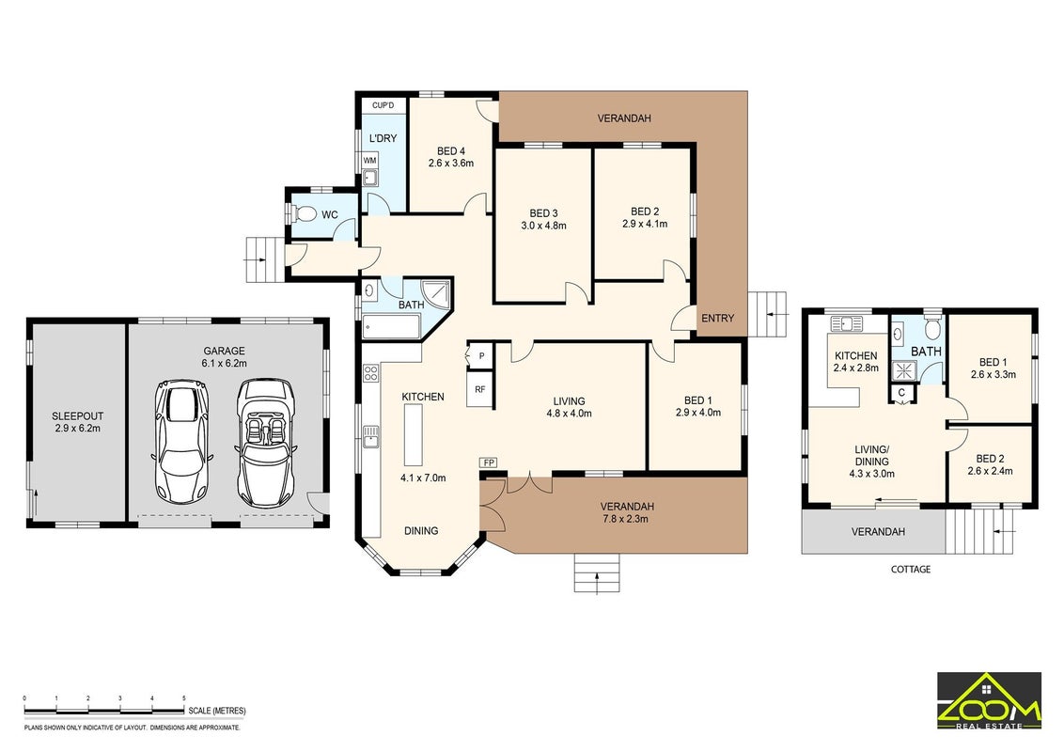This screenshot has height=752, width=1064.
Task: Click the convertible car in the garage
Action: click(x=266, y=443)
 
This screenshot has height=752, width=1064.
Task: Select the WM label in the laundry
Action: click(x=369, y=160)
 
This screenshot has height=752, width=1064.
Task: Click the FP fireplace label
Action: click(x=489, y=462)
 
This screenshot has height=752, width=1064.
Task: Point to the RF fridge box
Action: click(x=479, y=389)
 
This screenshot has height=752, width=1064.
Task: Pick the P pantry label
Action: click(x=482, y=355)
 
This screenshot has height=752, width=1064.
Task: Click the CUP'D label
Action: click(x=383, y=105)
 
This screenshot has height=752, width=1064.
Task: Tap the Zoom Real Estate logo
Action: click(x=990, y=700)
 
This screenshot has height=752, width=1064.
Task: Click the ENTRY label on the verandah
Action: click(x=718, y=318)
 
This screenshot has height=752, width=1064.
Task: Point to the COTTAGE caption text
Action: click(x=911, y=569)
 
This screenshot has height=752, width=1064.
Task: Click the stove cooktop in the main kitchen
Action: click(x=370, y=372)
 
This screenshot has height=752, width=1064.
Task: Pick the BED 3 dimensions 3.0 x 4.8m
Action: click(x=543, y=226)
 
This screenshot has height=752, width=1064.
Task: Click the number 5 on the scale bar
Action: click(x=184, y=697)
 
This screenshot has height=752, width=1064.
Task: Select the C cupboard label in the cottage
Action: click(x=901, y=392)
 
